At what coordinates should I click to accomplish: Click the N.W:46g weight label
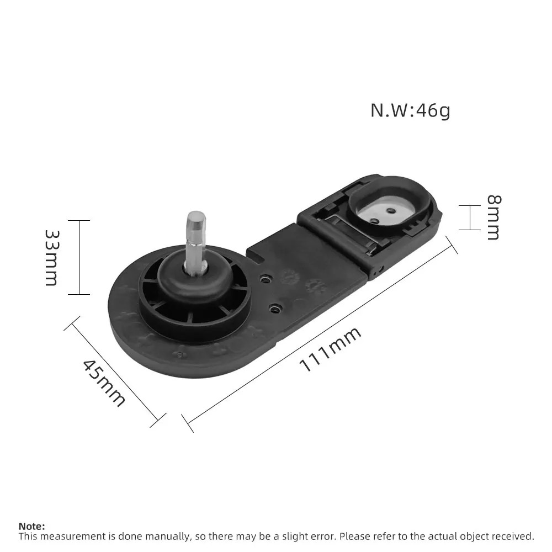coord(410,110)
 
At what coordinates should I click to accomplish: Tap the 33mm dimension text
coord(52,258)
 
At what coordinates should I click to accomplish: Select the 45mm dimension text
coord(104,383)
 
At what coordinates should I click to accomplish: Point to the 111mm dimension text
coord(330,349)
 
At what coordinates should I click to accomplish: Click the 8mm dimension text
coord(493,217)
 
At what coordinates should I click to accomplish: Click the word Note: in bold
coord(31,526)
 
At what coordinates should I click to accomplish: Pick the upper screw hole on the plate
coord(266,279)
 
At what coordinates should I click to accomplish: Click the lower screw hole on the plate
coord(274,309)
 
